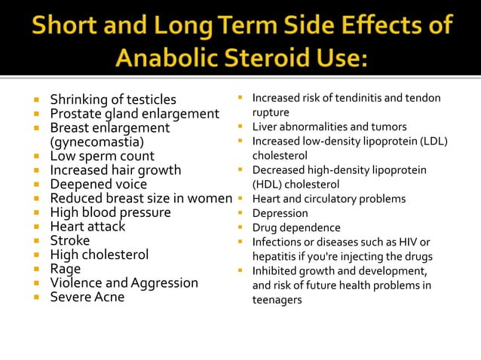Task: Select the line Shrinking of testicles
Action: click(113, 99)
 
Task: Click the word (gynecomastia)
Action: click(97, 142)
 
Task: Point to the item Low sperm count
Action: click(102, 156)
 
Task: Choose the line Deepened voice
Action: click(99, 185)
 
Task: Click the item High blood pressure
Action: click(110, 212)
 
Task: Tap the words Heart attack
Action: click(87, 227)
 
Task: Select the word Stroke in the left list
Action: click(70, 241)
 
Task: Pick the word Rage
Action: click(65, 269)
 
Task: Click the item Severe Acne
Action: click(87, 297)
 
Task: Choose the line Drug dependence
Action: click(296, 227)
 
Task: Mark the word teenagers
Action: click(277, 300)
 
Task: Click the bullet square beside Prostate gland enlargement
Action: click(35, 114)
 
